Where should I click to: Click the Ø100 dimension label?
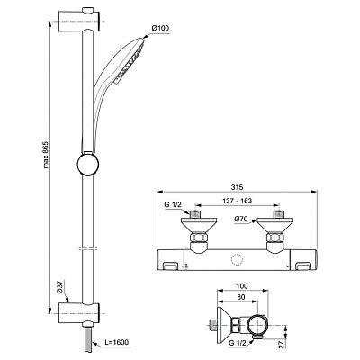click(160, 28)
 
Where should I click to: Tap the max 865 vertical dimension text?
click(46, 155)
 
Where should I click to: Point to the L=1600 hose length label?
click(117, 342)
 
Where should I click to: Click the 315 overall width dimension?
click(237, 187)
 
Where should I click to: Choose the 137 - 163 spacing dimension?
click(238, 201)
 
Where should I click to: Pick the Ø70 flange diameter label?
click(241, 219)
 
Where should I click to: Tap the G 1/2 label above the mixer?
click(173, 205)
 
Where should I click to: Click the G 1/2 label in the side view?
click(238, 343)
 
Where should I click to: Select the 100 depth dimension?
click(242, 286)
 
